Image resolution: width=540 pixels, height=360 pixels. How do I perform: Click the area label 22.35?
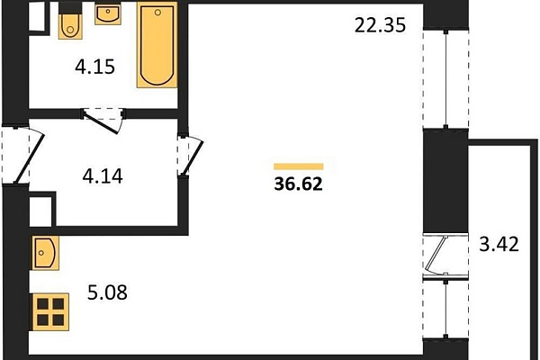(x=380, y=25)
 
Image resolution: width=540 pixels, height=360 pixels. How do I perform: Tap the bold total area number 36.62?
(x=298, y=184)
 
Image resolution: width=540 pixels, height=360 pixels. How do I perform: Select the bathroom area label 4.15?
(x=94, y=67)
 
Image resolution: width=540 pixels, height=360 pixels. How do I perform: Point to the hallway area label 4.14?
(x=103, y=176)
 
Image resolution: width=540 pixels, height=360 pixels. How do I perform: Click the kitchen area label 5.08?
(x=107, y=292)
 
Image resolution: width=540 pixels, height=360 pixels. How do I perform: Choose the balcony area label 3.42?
(x=499, y=244)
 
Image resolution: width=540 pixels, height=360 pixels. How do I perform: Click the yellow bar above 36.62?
(x=299, y=166)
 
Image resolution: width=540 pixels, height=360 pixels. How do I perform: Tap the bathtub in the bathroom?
(x=157, y=45)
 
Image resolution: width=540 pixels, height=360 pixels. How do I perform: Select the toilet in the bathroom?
(x=70, y=25)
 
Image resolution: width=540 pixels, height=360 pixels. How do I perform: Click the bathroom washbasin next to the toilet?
(x=108, y=14)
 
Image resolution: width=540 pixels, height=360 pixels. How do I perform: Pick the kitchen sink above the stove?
(x=46, y=253)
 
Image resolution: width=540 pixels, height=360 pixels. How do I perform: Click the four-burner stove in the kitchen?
(x=50, y=312)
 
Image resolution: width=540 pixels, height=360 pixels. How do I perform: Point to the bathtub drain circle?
(x=157, y=13)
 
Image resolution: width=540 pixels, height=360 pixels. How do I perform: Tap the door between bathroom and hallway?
(x=103, y=121)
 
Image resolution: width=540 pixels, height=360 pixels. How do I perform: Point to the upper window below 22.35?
(x=445, y=79)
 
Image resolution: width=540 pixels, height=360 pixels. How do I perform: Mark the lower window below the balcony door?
(x=445, y=309)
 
